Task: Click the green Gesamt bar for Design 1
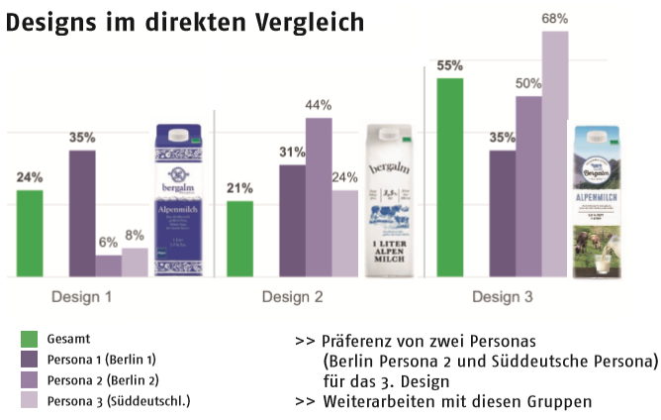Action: pos(30,234)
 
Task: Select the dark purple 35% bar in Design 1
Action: pos(82,213)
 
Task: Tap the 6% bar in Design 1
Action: pos(109,266)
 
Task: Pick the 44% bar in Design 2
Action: pos(318,197)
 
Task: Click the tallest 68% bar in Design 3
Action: pos(555,154)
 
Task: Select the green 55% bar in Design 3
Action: pos(450,177)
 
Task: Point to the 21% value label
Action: pos(239,187)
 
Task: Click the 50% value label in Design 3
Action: pos(528,84)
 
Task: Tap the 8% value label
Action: pos(135,235)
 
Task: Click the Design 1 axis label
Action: pos(81,297)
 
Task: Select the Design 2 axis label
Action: pos(292,297)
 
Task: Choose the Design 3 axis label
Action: pos(503,297)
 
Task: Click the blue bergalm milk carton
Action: pos(179,203)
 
